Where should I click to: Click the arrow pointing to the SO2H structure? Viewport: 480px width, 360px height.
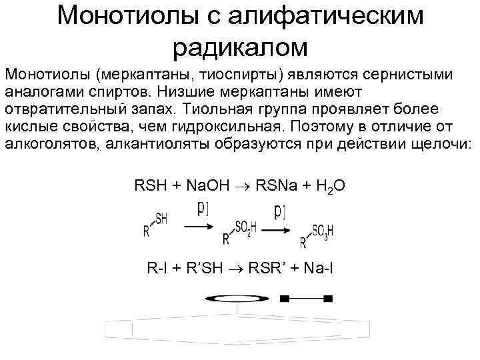[x=203, y=227]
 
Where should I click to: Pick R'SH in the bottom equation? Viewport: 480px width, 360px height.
[x=201, y=269]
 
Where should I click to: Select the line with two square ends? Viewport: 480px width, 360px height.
[x=307, y=297]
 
